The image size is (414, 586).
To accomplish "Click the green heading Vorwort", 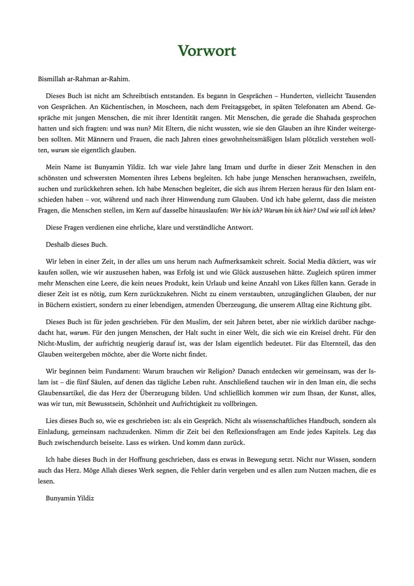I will [x=207, y=50].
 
